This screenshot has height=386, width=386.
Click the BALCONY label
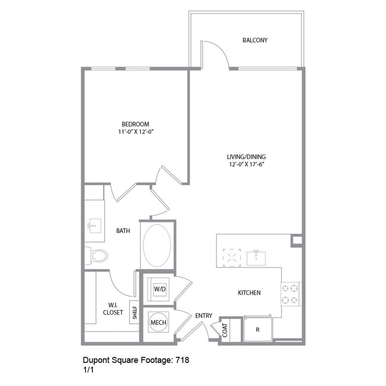[x=255, y=40]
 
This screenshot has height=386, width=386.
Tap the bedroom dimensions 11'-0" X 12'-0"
[x=135, y=131]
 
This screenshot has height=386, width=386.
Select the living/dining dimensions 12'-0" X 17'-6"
[x=246, y=164]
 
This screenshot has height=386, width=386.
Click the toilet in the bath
[x=98, y=256]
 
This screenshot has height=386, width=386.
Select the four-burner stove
[x=291, y=294]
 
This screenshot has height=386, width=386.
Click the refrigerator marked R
[x=257, y=330]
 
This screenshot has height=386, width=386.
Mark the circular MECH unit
[x=158, y=323]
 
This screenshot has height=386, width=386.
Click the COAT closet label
[x=225, y=330]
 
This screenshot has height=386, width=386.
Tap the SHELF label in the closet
[x=135, y=312]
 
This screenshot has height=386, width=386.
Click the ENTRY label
[x=203, y=316]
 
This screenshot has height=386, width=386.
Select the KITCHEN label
[x=249, y=293]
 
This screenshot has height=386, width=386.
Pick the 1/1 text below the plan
[x=88, y=370]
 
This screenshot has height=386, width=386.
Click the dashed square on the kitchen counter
[x=232, y=257]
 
